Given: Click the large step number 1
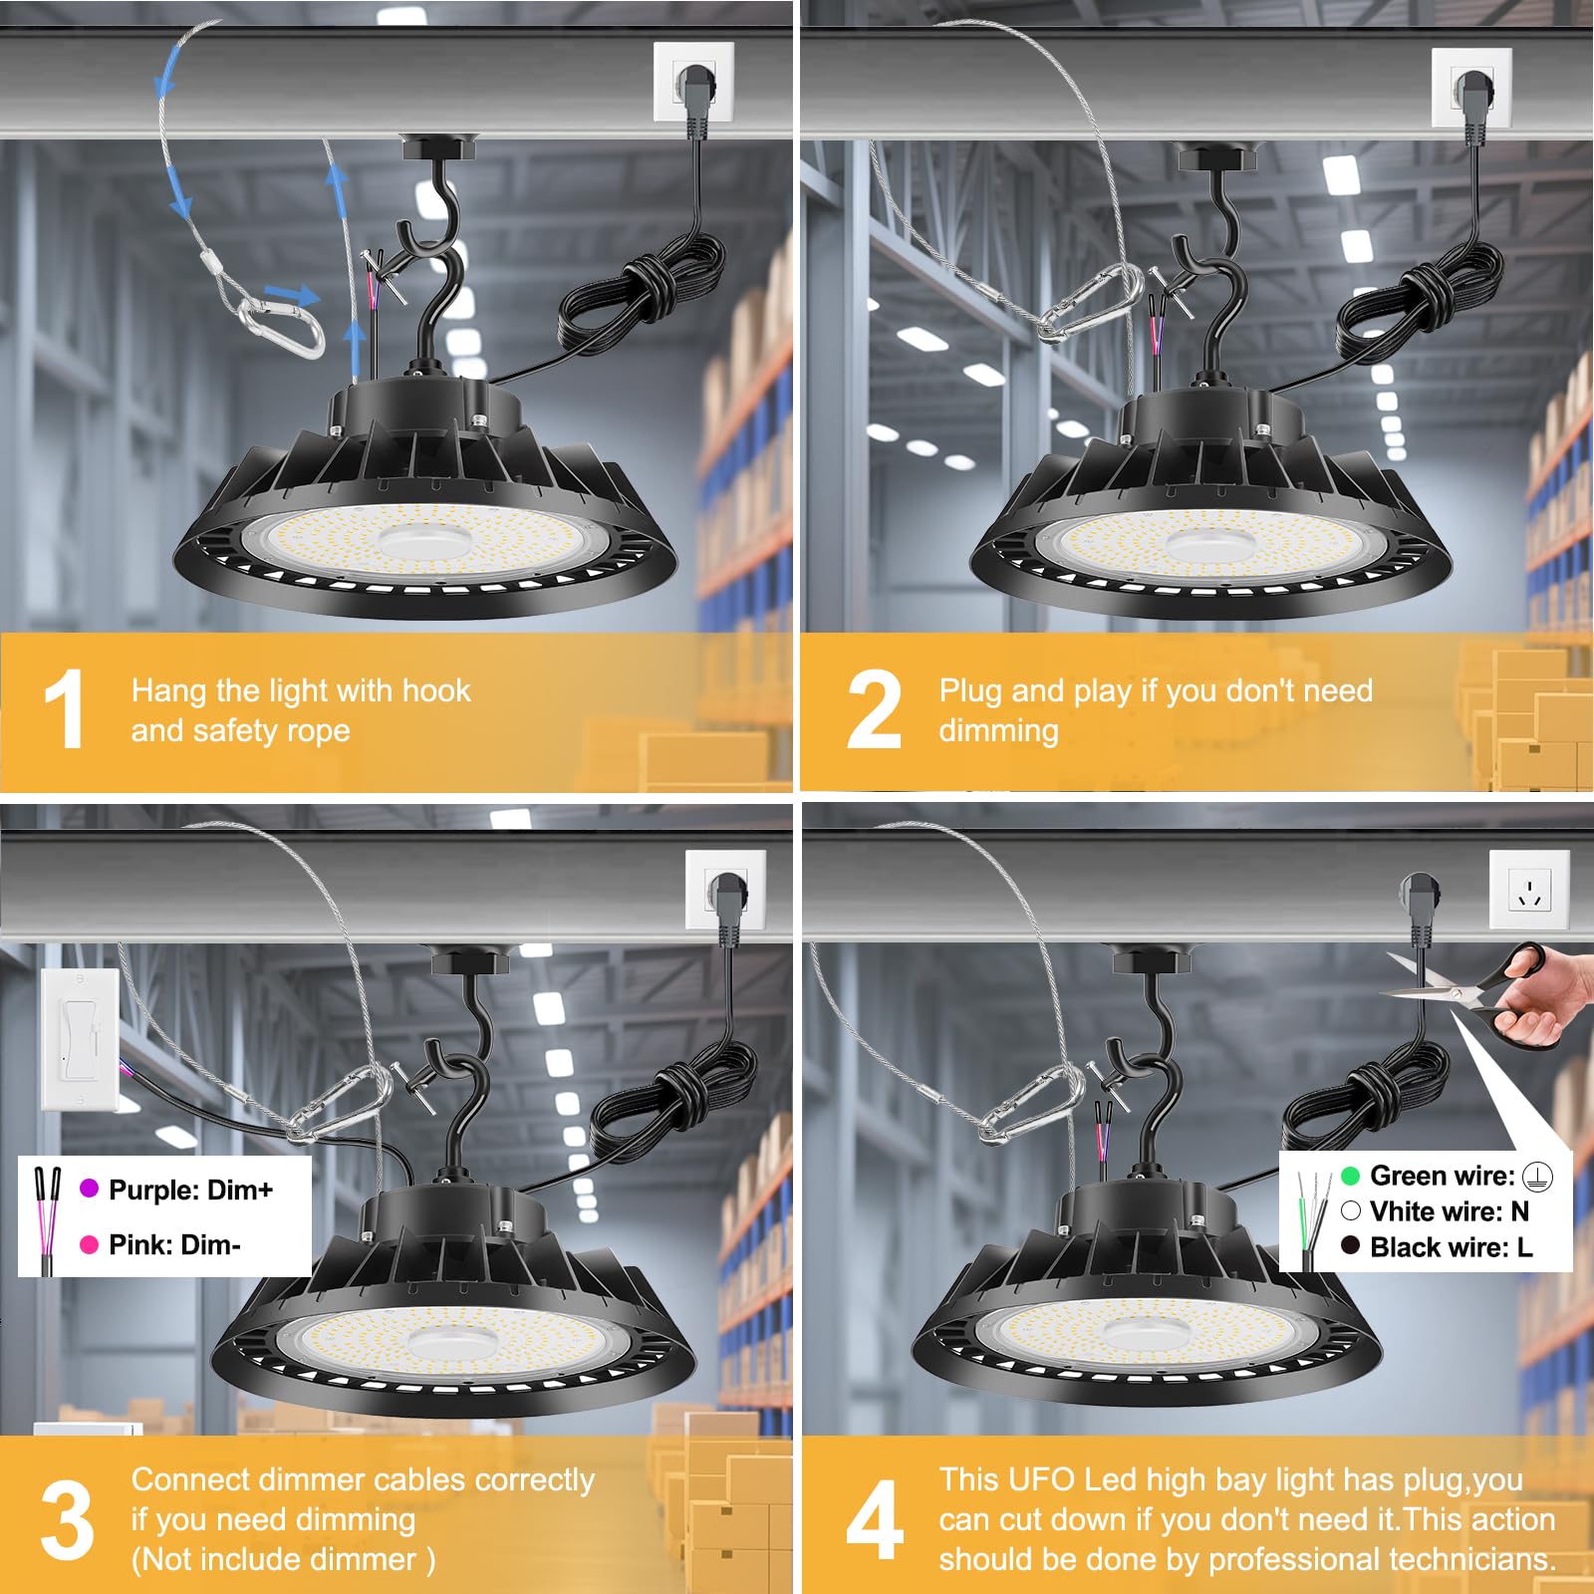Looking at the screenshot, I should pos(65,708).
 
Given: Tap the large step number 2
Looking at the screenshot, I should pos(873,710).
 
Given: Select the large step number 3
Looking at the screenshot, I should pos(67,1521).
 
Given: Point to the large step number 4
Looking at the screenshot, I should pos(874,1521).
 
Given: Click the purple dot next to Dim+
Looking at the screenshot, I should pos(89,1189).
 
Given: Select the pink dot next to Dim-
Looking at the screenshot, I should pos(89,1244).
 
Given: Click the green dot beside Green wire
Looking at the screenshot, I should pos(1350,1176).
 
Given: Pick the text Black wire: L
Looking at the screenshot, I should pos(1451,1247).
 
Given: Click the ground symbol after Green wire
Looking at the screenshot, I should pos(1538,1177).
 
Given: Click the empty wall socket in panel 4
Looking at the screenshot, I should pos(1529,889).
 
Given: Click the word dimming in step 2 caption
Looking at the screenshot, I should pos(998,730).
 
